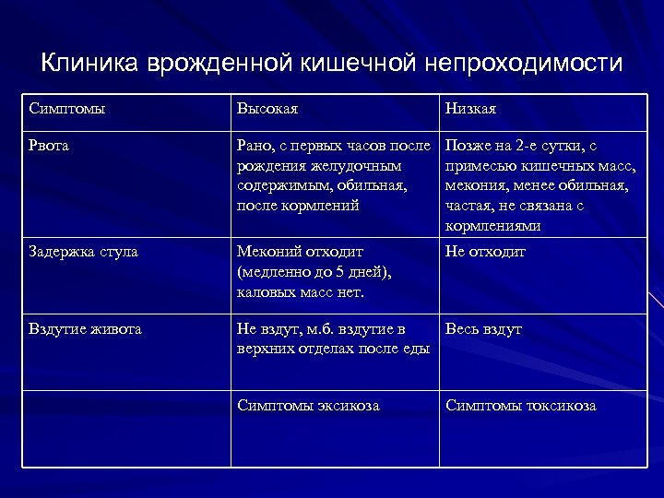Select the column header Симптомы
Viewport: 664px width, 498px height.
(x=66, y=109)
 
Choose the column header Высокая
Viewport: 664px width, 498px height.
(x=267, y=109)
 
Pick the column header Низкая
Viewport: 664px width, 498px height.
(x=471, y=109)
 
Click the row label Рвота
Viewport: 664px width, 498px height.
(x=49, y=145)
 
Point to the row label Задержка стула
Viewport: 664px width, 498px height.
(x=84, y=252)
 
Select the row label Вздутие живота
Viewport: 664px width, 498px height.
(x=85, y=329)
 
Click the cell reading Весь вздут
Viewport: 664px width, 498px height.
(x=484, y=329)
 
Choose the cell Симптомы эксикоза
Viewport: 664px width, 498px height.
(x=308, y=406)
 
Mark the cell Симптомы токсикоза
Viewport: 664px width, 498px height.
(x=521, y=406)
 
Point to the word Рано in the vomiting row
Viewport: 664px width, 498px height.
(x=255, y=145)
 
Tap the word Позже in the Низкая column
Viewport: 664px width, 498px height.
(x=469, y=145)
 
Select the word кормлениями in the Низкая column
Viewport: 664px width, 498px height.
(x=492, y=226)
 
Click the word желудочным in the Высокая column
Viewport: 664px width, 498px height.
(x=359, y=166)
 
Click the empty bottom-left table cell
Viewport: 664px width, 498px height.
(x=125, y=429)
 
